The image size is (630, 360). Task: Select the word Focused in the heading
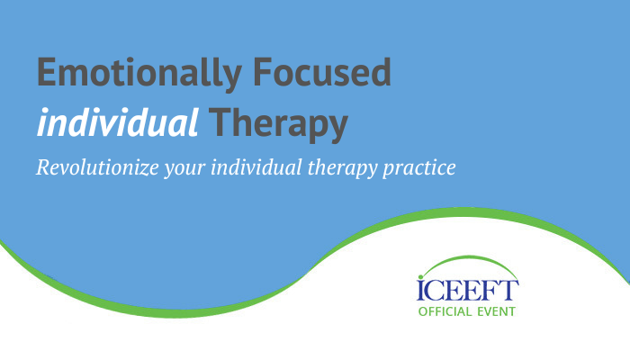[322, 71]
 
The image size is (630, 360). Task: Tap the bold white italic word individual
[117, 121]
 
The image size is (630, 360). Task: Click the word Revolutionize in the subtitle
[97, 167]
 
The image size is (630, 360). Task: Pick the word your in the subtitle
[184, 169]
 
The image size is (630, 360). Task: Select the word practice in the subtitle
[419, 168]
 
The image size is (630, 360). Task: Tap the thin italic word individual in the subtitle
[256, 167]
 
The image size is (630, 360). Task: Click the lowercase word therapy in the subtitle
[342, 168]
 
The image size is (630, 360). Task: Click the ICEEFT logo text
[468, 290]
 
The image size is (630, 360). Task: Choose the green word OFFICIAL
[445, 311]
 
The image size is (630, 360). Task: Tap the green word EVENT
[496, 311]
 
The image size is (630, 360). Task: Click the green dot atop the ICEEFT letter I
[420, 277]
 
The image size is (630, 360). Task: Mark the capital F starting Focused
[263, 71]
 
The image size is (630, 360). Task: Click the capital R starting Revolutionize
[43, 167]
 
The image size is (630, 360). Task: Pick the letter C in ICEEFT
[436, 290]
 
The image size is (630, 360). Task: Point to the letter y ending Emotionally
[231, 79]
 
